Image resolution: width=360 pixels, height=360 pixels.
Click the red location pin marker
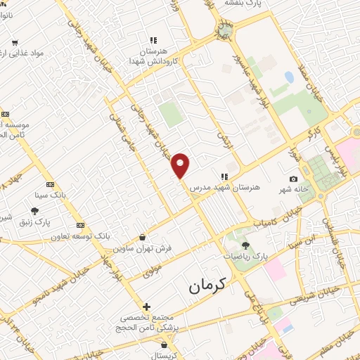coord(181,165)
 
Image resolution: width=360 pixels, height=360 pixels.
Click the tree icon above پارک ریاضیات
coord(245,245)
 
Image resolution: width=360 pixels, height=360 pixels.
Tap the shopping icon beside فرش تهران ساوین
coord(143,237)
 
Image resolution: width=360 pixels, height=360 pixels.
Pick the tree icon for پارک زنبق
coord(34,210)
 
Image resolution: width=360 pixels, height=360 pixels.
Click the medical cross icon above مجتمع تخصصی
coord(146,307)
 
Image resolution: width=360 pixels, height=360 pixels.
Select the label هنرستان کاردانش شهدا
coord(146,57)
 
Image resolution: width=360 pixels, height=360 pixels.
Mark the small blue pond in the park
coord(289,75)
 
